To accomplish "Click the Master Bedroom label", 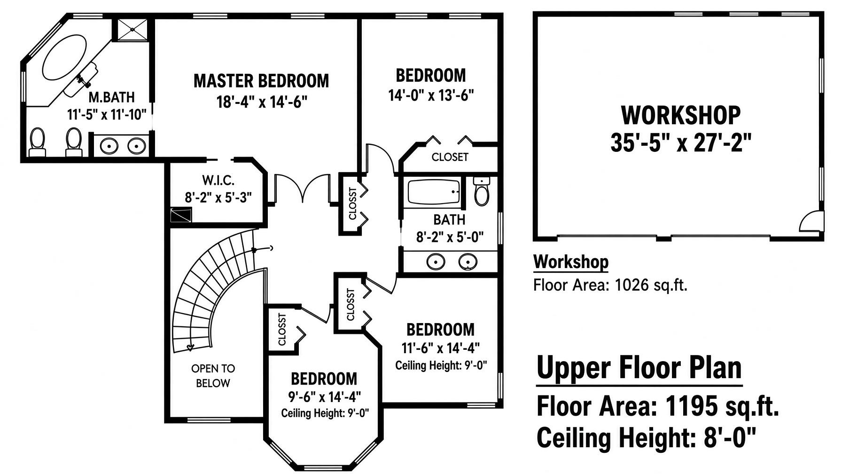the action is point(261,81).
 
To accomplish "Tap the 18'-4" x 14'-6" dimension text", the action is point(262,102).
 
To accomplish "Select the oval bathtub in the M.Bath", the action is point(65,57).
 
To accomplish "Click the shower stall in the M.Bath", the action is point(133,30).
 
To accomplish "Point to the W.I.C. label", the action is point(218,180).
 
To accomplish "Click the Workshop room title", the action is point(681,115).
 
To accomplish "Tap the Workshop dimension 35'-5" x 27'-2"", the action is point(681,142).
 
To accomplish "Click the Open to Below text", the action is point(213,376).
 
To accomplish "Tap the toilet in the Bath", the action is point(482,191).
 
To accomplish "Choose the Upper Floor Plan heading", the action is point(639,367).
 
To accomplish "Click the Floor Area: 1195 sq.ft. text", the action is point(658,406).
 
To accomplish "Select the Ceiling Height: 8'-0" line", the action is point(647,437).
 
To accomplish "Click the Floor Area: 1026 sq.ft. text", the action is point(610,285).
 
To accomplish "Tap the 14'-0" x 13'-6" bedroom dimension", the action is point(431,95).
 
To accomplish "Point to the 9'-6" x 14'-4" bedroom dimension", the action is point(325,397).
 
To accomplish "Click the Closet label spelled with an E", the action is point(450,157).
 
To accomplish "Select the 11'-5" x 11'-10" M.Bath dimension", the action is point(107,114).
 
